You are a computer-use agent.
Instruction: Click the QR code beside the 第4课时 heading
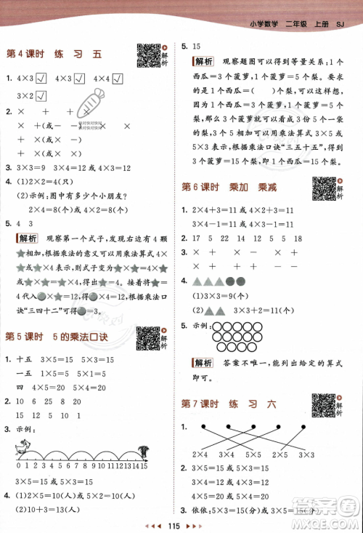pyautogui.click(x=147, y=54)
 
